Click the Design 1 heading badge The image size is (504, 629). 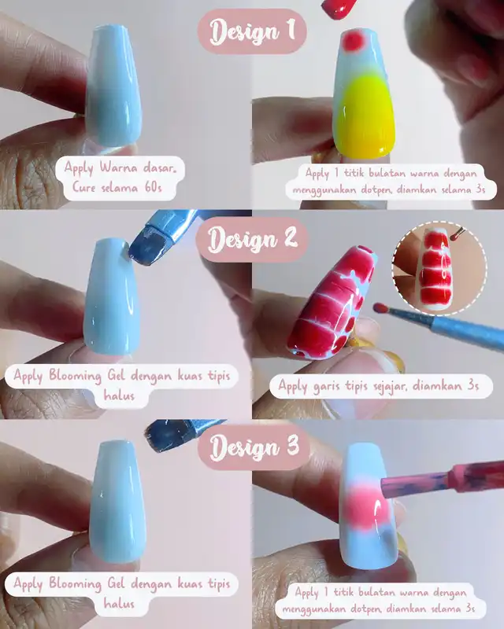252,31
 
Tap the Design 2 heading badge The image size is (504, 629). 252,240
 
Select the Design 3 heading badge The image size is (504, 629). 254,447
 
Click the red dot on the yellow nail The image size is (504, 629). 354,41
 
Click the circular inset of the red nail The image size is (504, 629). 439,267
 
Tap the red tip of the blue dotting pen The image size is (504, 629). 380,308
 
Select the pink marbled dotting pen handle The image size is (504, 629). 442,480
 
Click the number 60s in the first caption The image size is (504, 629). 152,187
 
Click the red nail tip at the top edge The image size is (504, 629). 339,8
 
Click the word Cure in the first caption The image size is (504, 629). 84,187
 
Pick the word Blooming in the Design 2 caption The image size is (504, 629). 75,377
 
